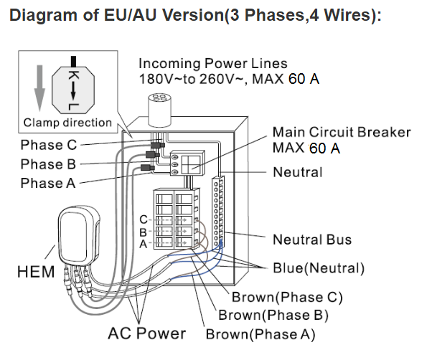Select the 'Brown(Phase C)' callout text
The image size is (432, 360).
pos(287,297)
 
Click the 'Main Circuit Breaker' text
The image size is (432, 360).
pos(342,133)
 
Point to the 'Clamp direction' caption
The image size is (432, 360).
pos(67,122)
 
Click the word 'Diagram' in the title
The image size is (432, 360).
pos(44,16)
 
